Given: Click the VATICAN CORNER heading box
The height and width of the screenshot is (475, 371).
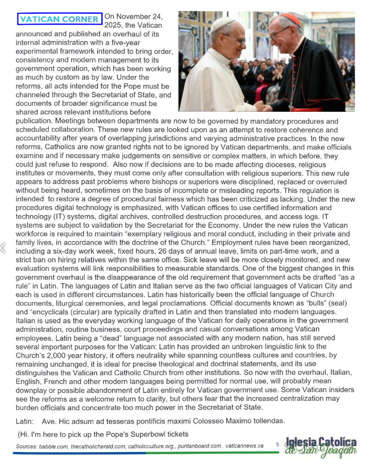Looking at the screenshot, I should pos(60,19).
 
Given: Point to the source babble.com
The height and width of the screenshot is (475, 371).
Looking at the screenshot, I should pos(51,446).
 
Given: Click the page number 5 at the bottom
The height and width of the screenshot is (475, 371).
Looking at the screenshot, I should pos(278,445).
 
